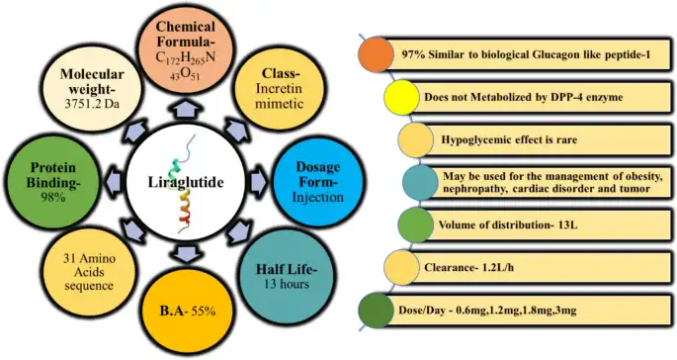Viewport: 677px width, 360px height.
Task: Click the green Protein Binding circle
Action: click(49, 175)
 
